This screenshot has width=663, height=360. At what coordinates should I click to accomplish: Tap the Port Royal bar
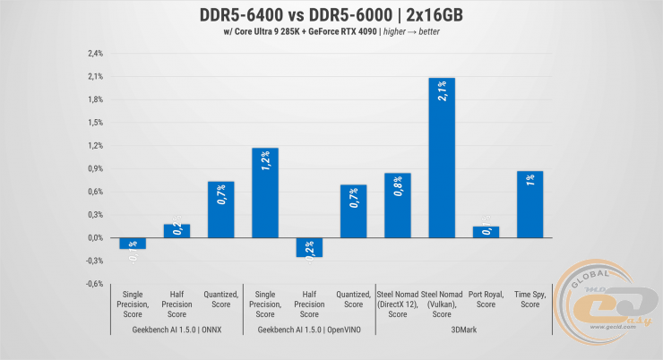click(486, 232)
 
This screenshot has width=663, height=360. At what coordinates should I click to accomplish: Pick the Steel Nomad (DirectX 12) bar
click(397, 205)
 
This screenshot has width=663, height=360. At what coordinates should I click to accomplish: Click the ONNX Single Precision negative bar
click(133, 243)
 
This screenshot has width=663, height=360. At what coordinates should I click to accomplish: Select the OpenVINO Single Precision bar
click(265, 193)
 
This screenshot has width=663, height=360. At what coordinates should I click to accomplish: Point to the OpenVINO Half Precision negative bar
click(309, 247)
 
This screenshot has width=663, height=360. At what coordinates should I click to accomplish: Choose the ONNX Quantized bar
click(221, 210)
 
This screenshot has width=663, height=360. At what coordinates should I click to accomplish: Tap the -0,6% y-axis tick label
click(94, 284)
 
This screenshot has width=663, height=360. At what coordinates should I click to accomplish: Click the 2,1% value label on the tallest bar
click(443, 91)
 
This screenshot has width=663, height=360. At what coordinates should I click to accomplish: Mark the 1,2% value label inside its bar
click(266, 162)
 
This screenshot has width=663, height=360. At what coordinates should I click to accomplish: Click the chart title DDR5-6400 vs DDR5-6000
click(331, 16)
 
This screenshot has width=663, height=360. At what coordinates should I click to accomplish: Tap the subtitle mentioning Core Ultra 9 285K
click(331, 34)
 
